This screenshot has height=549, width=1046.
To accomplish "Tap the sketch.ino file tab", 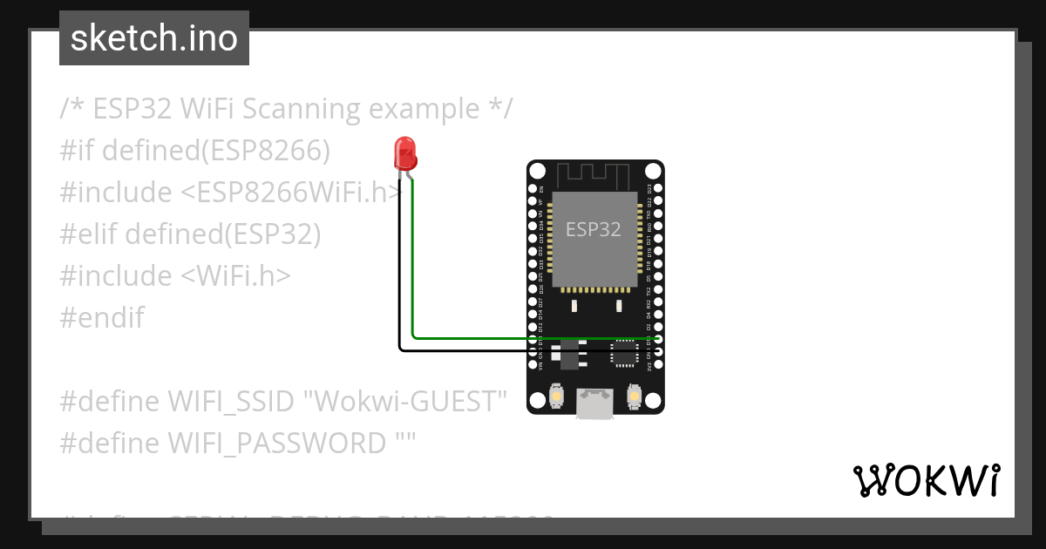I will point(154,38).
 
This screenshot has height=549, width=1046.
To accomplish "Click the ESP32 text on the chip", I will point(594,229).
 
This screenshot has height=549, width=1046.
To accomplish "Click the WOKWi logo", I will point(926,480).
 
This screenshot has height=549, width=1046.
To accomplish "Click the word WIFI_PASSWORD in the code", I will point(277,444).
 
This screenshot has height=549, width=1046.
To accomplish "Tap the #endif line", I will point(102,317).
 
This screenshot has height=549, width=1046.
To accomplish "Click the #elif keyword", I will point(88,234).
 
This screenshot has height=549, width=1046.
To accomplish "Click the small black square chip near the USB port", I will point(623,352).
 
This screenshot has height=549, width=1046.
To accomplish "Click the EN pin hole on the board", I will point(533,188).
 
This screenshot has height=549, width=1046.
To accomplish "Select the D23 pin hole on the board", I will point(658,188).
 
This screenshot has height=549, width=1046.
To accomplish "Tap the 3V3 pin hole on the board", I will point(658,365).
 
